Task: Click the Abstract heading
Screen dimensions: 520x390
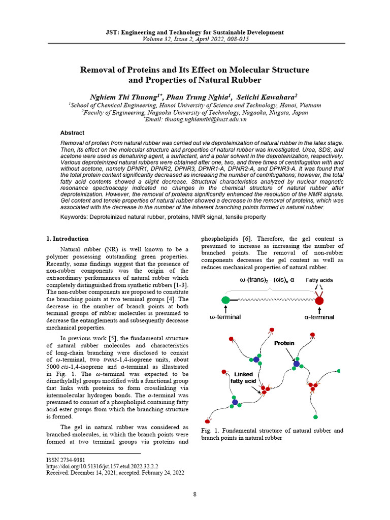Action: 72,133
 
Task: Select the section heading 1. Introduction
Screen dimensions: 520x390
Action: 67,239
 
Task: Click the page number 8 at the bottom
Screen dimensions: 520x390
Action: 194,495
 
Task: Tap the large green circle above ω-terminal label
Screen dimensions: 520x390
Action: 225,301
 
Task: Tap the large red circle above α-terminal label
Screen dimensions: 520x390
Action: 319,301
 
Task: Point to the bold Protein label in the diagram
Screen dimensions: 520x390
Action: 284,343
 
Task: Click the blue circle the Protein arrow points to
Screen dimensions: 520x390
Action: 296,364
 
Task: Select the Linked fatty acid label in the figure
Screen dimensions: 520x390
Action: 241,378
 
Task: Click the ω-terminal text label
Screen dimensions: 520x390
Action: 225,317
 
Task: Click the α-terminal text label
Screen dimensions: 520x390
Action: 319,317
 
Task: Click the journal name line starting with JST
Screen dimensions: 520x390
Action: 195,32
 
